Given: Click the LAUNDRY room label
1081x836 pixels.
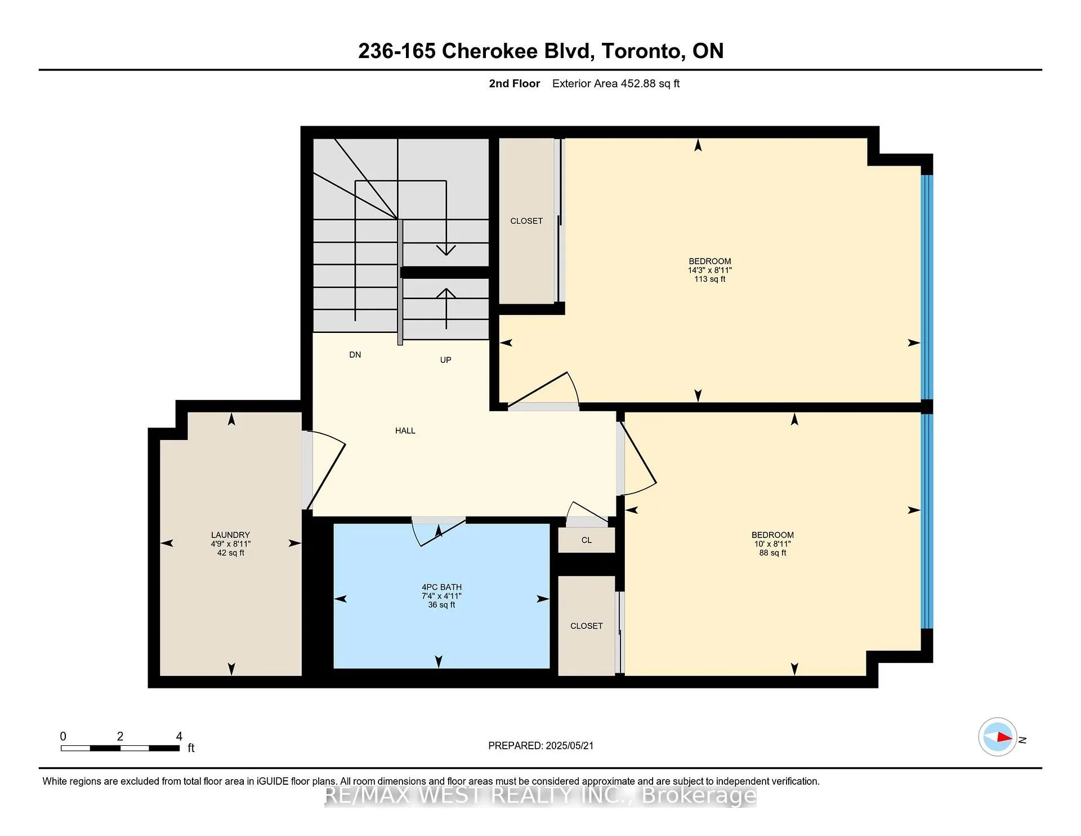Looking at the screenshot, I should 230,535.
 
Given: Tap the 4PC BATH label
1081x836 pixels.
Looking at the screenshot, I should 441,587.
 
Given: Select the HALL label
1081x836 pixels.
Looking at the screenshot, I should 405,431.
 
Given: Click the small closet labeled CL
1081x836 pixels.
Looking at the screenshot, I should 586,540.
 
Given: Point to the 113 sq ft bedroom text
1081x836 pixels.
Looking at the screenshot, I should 709,279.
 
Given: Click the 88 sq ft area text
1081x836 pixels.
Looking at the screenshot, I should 772,553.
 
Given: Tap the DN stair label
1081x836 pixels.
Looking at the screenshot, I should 355,355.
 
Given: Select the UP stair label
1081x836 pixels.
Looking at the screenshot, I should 445,360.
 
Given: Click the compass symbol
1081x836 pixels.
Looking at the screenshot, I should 998,737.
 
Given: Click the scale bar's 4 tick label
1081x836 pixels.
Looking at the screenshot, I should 179,736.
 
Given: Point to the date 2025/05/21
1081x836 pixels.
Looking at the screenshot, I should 569,746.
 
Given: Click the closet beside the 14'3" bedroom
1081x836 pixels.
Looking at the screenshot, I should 526,221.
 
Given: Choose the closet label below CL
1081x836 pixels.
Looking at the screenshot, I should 586,626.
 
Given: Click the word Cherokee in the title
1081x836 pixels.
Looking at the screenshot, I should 489,51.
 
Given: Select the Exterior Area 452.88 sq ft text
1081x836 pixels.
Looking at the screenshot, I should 615,84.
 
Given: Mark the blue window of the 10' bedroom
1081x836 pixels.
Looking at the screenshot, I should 926,521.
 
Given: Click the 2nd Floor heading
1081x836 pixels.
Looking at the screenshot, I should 514,84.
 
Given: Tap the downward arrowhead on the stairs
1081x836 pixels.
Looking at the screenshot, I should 446,250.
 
